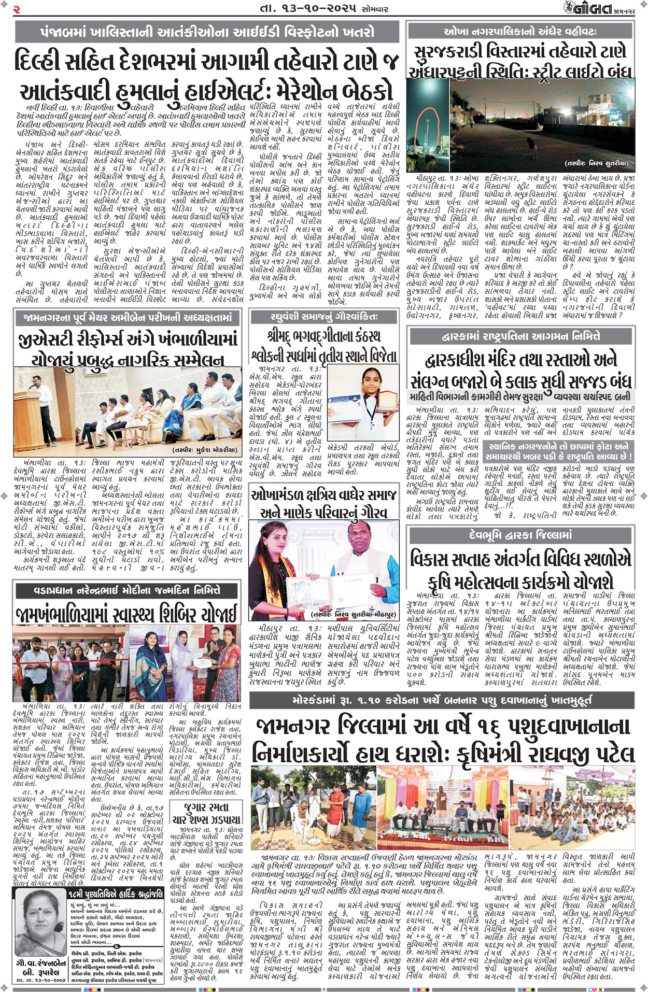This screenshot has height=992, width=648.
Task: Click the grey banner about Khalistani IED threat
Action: tap(206, 32)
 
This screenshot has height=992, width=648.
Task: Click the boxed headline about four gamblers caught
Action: tap(206, 813)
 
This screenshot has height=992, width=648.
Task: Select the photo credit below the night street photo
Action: tap(596, 163)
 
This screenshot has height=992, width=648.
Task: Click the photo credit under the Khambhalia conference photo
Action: tap(205, 450)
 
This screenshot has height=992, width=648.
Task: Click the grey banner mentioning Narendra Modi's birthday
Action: tap(126, 590)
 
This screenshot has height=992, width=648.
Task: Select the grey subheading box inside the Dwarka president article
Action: tap(558, 451)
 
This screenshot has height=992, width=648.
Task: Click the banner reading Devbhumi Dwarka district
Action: tap(520, 534)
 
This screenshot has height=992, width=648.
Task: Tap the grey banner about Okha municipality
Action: tap(520, 31)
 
